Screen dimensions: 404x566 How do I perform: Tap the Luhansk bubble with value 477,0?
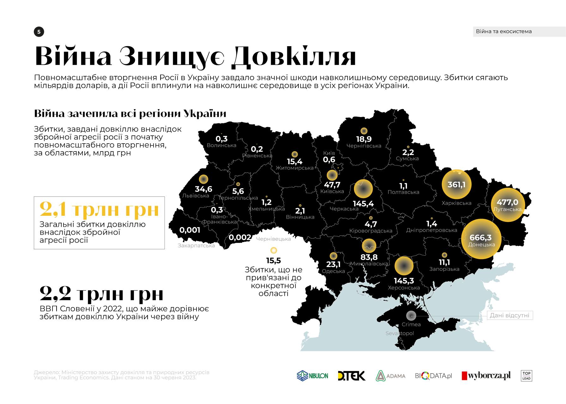click(x=508, y=204)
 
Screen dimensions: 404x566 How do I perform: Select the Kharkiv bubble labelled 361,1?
click(x=456, y=184)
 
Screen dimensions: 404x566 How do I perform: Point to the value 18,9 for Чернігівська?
click(x=364, y=139)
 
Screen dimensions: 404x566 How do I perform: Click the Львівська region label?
click(x=196, y=196)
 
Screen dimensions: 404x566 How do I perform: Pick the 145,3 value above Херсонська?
click(x=404, y=281)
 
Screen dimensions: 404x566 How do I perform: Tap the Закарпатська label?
click(x=196, y=246)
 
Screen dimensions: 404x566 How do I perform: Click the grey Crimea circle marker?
click(x=411, y=315)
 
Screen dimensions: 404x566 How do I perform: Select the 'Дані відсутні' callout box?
click(x=509, y=315)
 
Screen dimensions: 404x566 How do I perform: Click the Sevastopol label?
click(x=399, y=333)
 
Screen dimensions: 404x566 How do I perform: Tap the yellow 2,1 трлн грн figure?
click(x=99, y=209)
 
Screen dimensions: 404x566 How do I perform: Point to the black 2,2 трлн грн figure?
click(x=101, y=294)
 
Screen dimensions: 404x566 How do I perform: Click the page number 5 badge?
click(x=39, y=32)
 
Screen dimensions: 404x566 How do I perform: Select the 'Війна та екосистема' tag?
click(x=504, y=31)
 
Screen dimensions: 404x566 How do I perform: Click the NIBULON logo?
click(x=312, y=376)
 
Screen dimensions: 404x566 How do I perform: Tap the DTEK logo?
click(x=351, y=376)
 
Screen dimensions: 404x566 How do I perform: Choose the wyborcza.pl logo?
click(x=486, y=376)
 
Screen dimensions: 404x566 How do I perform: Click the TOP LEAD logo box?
click(x=526, y=376)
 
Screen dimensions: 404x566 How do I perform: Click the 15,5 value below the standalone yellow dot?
click(x=273, y=261)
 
